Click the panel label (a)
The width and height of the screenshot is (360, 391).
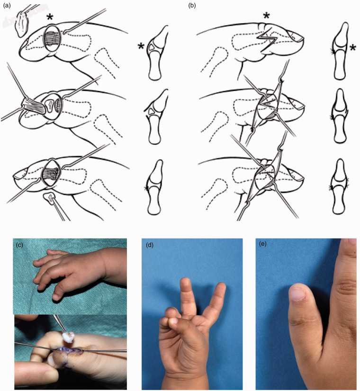point(7,6)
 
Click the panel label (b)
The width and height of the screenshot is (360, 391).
point(192,6)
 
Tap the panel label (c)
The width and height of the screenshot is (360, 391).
point(19,245)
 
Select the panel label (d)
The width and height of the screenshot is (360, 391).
point(149,245)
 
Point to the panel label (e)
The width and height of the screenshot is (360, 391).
point(263,244)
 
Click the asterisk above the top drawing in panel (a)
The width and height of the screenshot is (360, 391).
point(51,18)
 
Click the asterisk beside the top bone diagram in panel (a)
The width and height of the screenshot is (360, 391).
point(141,46)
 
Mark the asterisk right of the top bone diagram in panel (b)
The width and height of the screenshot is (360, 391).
point(353,48)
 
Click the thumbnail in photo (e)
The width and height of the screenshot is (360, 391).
point(297,293)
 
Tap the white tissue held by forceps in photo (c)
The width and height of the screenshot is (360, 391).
point(69,337)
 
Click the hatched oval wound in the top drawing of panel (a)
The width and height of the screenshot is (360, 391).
point(52,39)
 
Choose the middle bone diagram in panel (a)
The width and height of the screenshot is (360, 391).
point(155,117)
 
